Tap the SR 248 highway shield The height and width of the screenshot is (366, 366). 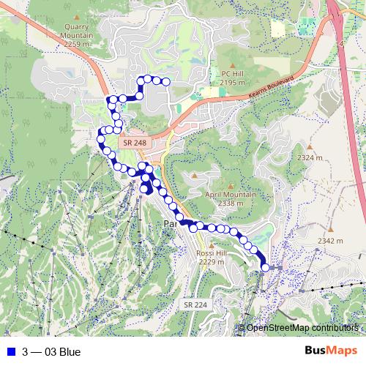135,142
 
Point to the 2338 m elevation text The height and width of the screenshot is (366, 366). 231,203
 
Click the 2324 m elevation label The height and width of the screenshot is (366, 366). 310,157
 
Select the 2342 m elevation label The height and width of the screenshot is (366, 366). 331,241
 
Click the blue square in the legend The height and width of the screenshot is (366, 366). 10,352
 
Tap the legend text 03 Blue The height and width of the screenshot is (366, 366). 62,352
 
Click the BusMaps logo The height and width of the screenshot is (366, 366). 330,351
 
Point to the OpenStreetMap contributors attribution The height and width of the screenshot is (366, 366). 302,328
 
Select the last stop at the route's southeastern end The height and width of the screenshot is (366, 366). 264,268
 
